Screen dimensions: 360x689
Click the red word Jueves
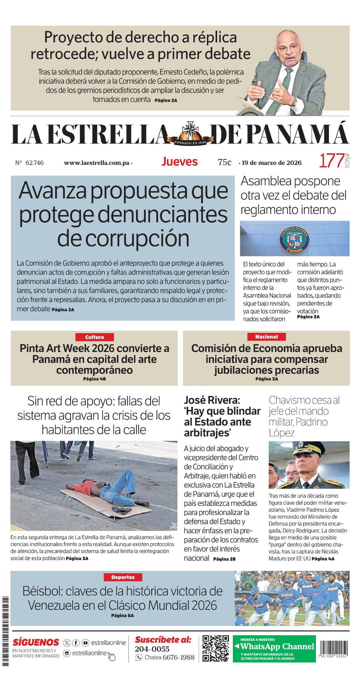point(179,162)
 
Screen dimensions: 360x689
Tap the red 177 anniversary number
point(331,161)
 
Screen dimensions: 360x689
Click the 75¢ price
point(225,162)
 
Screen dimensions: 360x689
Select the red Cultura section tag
point(94,337)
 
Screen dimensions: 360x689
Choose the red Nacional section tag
point(266,337)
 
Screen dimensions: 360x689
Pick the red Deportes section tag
point(123,577)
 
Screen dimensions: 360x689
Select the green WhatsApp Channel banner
point(274,648)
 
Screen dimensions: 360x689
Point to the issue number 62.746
point(34,163)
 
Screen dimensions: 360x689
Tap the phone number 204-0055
point(152,649)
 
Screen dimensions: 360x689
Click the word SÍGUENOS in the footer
point(36,642)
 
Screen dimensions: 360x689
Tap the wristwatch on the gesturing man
point(294,102)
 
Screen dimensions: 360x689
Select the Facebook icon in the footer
point(76,643)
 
